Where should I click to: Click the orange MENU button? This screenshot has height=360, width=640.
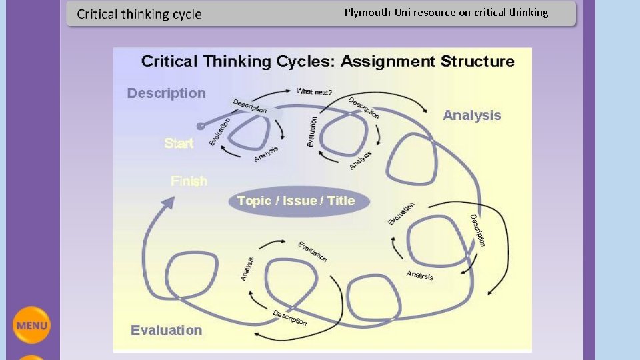click(x=31, y=325)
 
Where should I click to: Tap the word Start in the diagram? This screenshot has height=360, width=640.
click(x=179, y=143)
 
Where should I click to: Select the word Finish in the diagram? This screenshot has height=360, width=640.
click(x=189, y=181)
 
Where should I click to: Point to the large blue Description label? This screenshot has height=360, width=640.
click(x=167, y=93)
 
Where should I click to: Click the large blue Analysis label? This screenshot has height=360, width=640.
click(x=471, y=115)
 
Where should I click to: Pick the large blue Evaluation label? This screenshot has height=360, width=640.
click(x=167, y=330)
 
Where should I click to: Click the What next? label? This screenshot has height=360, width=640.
click(x=315, y=91)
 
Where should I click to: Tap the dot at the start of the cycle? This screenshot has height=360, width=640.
click(x=200, y=125)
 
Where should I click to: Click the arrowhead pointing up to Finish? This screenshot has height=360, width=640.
click(x=167, y=201)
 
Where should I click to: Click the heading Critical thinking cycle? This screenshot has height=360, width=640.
click(x=139, y=14)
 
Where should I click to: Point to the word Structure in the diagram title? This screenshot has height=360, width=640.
click(x=477, y=61)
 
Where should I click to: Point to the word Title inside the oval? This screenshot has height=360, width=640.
click(x=341, y=201)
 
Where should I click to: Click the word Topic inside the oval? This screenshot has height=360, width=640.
click(x=254, y=201)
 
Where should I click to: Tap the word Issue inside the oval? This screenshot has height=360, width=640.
click(x=299, y=201)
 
